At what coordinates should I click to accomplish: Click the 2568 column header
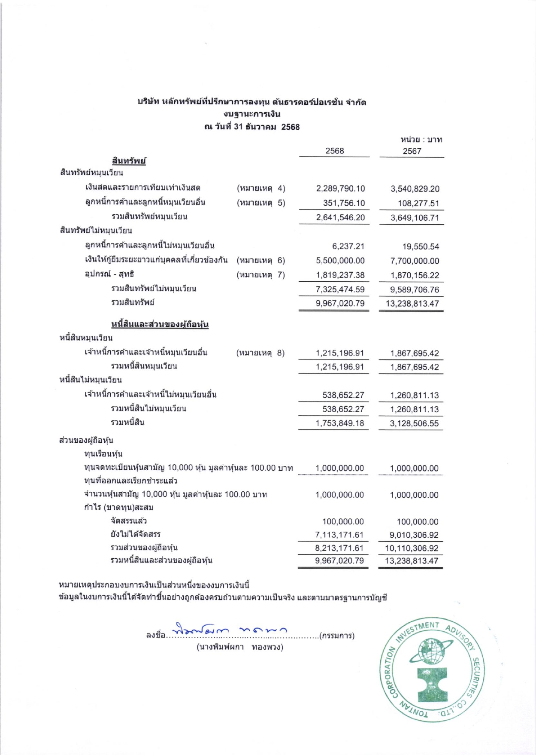[x=334, y=151]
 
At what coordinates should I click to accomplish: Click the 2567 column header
[x=412, y=151]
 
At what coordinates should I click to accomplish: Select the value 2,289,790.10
[x=340, y=189]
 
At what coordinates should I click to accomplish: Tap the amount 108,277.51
[x=418, y=203]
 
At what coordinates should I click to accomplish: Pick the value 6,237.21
[x=348, y=246]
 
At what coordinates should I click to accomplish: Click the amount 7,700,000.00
[x=415, y=261]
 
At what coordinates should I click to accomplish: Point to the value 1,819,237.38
[x=340, y=275]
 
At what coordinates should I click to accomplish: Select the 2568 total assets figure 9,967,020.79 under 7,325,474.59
[x=340, y=303]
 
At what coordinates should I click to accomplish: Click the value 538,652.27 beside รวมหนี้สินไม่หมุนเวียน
[x=343, y=409]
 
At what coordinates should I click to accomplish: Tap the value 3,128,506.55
[x=414, y=423]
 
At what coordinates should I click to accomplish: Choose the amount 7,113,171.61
[x=339, y=535]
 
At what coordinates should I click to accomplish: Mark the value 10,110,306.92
[x=412, y=548]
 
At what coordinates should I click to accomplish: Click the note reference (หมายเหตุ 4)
[x=261, y=188]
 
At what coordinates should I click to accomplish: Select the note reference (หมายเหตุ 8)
[x=260, y=353]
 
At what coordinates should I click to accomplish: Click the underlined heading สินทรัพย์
[x=129, y=161]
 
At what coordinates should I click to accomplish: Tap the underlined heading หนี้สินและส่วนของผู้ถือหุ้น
[x=160, y=324]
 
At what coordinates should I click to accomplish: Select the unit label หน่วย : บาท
[x=421, y=140]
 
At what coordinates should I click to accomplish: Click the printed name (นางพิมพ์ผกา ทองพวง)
[x=240, y=647]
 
